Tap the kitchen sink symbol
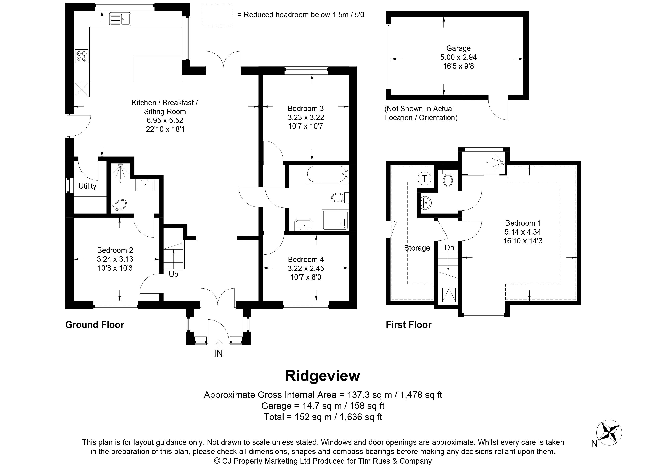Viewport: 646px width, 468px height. [x=120, y=19]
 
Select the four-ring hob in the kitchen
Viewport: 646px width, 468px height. [x=82, y=56]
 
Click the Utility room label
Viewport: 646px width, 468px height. [x=87, y=186]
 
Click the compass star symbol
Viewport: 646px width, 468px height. [x=609, y=433]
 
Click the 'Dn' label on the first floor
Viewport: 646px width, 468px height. [x=449, y=248]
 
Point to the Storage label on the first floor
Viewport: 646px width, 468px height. [x=417, y=248]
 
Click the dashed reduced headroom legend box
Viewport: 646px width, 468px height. [x=217, y=15]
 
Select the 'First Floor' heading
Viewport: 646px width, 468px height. [x=408, y=325]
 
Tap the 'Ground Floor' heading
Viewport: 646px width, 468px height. [x=95, y=325]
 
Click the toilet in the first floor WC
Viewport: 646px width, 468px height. [x=448, y=179]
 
